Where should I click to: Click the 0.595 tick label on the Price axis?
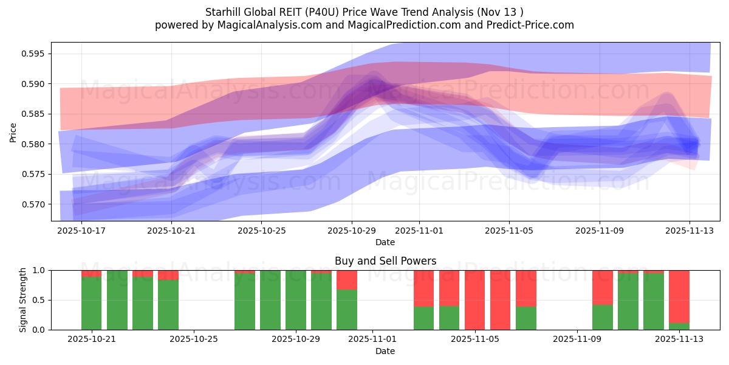tap(33, 54)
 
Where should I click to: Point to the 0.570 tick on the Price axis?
tap(33, 204)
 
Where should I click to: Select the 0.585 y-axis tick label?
tap(33, 114)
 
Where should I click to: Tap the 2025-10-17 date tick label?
tap(81, 231)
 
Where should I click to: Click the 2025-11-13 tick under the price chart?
tap(690, 231)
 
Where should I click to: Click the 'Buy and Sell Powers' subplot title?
tap(385, 261)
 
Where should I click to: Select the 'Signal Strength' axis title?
tap(22, 299)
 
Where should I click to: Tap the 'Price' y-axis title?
tap(13, 132)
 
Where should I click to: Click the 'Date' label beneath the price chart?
tap(385, 242)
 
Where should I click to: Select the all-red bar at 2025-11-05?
tap(475, 300)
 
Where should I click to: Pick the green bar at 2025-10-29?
tap(296, 300)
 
